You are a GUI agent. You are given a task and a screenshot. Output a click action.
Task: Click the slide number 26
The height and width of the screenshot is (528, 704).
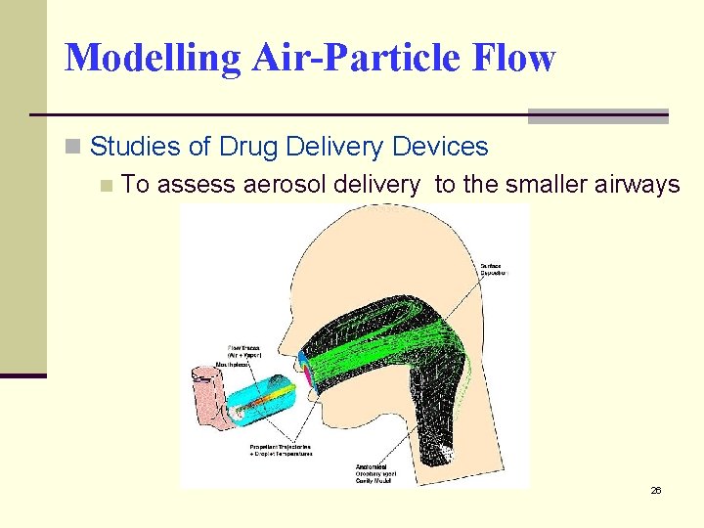(x=656, y=490)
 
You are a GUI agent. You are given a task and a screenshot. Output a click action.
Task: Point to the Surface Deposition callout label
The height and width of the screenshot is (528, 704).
(x=495, y=269)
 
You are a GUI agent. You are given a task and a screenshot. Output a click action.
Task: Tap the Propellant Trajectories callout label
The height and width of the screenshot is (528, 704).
(x=281, y=451)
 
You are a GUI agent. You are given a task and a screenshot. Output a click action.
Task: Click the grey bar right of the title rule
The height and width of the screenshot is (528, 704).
(x=597, y=116)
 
